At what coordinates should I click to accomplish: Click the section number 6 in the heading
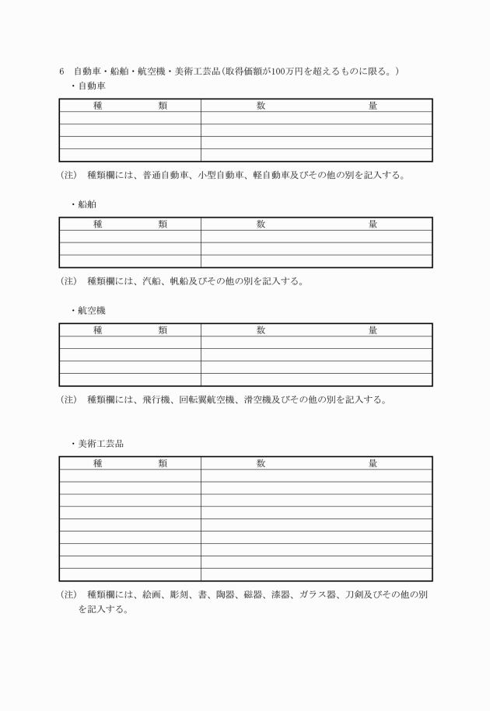point(61,71)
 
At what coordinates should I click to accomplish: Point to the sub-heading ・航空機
point(87,310)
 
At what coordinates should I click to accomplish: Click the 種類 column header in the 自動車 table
point(130,106)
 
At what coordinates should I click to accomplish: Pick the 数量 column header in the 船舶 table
point(317,225)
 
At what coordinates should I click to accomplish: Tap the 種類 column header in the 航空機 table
point(130,330)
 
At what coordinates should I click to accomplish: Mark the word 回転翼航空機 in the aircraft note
point(208,400)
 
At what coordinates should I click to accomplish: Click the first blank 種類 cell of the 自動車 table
point(130,118)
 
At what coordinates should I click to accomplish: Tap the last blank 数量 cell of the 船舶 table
point(317,261)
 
